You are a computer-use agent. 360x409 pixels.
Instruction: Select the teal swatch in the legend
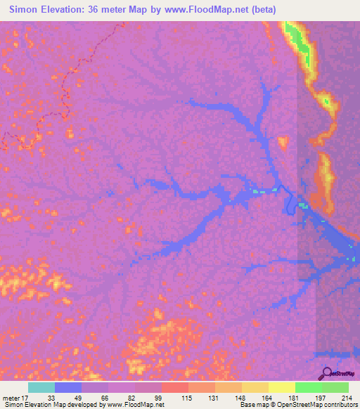[41, 387]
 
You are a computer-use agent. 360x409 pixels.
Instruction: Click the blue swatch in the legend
[68, 387]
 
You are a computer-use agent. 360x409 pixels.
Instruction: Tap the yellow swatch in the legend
[282, 387]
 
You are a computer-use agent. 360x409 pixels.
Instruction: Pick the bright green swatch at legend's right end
[335, 387]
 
